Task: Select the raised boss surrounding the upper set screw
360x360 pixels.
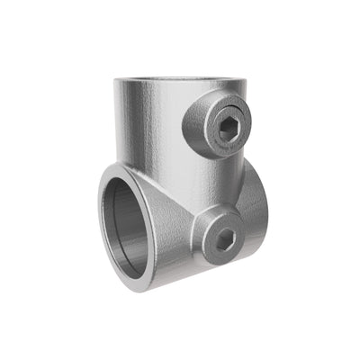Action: (205, 115)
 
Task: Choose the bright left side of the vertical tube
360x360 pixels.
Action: (130, 126)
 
